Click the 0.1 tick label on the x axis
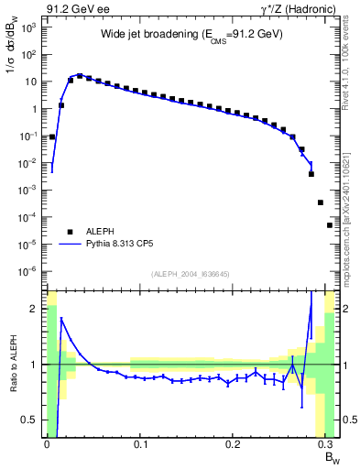pos(140,444)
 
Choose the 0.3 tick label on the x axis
pos(327,444)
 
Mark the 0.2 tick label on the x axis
pos(234,444)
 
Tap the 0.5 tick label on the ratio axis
pos(29,420)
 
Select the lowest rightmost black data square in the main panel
pos(330,224)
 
